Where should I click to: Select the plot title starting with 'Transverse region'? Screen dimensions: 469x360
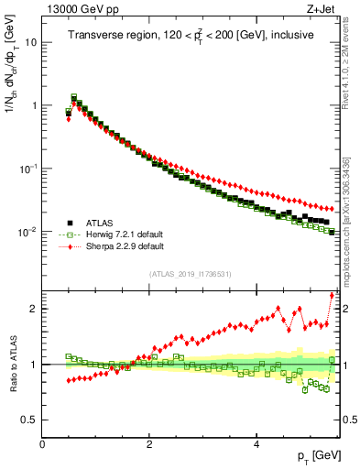(190, 35)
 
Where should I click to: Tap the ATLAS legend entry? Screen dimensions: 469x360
(100, 222)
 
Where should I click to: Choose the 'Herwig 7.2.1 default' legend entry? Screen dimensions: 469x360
(124, 234)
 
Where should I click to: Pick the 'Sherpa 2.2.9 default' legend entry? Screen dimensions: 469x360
(124, 245)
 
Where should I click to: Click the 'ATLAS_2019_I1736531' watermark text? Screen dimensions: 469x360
(190, 273)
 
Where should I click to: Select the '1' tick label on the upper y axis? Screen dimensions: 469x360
(33, 105)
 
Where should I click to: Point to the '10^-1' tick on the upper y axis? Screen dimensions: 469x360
(28, 169)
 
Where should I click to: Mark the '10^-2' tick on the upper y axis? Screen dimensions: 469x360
(28, 232)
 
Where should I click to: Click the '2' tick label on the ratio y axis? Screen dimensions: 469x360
(34, 309)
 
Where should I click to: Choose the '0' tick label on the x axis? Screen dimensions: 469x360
(42, 444)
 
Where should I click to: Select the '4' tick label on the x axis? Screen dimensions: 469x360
(256, 444)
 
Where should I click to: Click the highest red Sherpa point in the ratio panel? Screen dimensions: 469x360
(332, 294)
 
